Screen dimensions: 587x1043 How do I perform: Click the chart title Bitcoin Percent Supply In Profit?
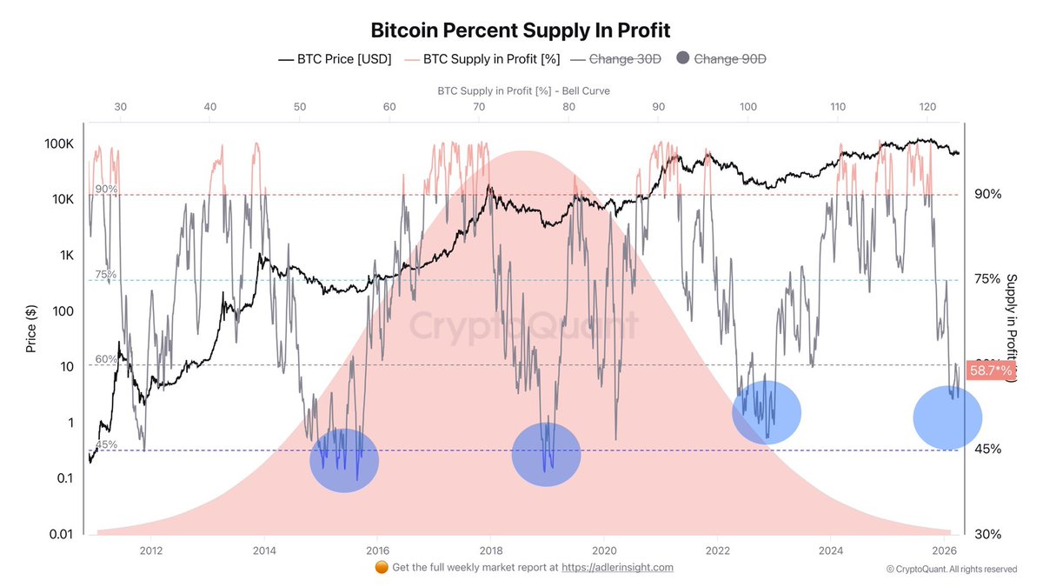[x=521, y=30]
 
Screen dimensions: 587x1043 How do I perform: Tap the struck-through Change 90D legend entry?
[x=730, y=59]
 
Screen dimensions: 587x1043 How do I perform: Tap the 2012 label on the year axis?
[x=151, y=550]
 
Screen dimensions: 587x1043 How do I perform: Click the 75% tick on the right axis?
[x=987, y=279]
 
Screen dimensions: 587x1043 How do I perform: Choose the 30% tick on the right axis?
[x=987, y=534]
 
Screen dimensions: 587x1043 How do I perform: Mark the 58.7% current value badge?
[x=992, y=370]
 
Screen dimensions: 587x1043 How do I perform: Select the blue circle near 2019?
[x=546, y=454]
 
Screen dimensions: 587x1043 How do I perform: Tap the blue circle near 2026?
[x=947, y=417]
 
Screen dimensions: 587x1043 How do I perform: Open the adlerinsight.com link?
[x=617, y=567]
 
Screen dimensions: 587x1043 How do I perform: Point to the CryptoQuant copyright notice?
[x=951, y=570]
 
